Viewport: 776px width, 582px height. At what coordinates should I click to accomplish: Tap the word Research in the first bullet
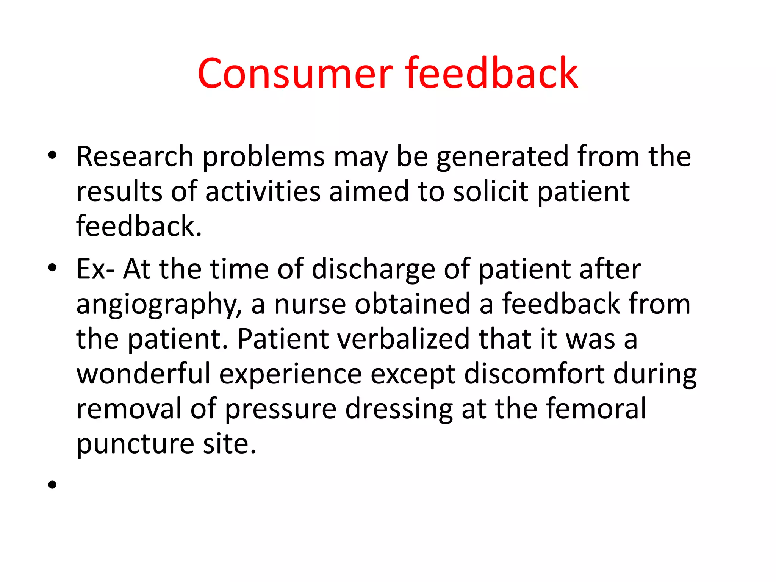click(135, 156)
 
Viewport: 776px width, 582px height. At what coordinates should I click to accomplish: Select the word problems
click(264, 157)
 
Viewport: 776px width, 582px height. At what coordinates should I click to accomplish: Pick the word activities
click(263, 191)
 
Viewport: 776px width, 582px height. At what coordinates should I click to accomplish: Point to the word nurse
click(310, 304)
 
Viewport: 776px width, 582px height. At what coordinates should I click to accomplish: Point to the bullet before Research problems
click(52, 155)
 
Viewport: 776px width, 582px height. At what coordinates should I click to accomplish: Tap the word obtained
click(413, 304)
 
